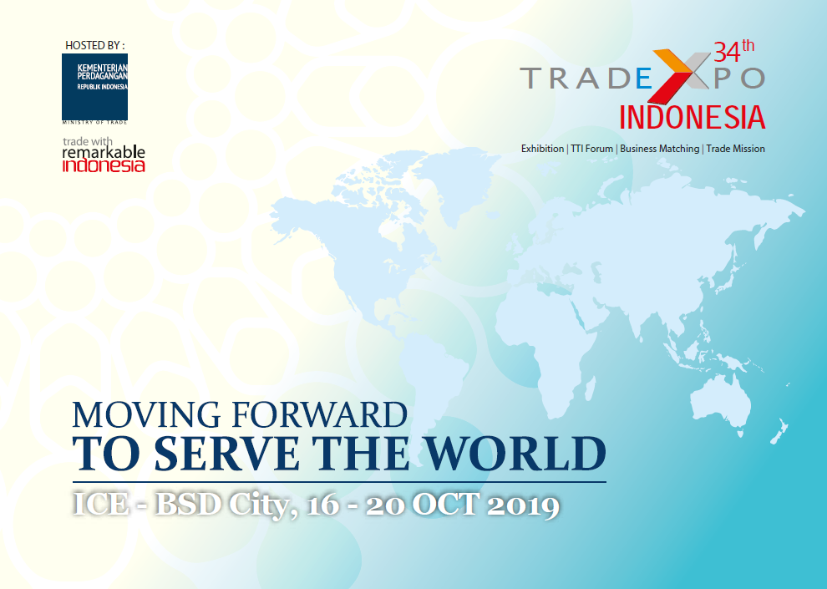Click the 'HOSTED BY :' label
point(95,45)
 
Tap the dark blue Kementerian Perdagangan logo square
point(95,87)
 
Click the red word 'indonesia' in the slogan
point(104,165)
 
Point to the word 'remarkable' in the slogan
point(104,152)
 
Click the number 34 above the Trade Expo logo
point(726,53)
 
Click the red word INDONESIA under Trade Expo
point(692,117)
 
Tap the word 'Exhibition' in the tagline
point(542,149)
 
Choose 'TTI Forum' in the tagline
point(591,149)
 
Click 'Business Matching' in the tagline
point(660,149)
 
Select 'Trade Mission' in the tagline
point(736,149)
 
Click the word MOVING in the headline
point(146,414)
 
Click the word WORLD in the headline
point(516,454)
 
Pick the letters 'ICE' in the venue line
point(101,504)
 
